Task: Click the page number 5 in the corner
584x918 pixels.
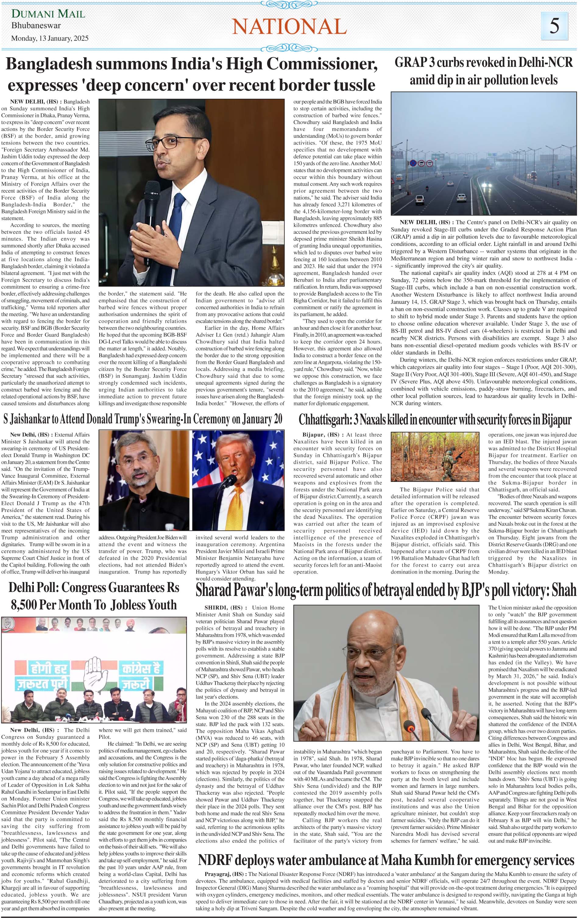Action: pyautogui.click(x=555, y=26)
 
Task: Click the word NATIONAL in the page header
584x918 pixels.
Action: pyautogui.click(x=289, y=27)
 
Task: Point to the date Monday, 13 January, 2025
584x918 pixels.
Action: pyautogui.click(x=50, y=38)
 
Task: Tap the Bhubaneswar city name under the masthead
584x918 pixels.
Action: pyautogui.click(x=36, y=26)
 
